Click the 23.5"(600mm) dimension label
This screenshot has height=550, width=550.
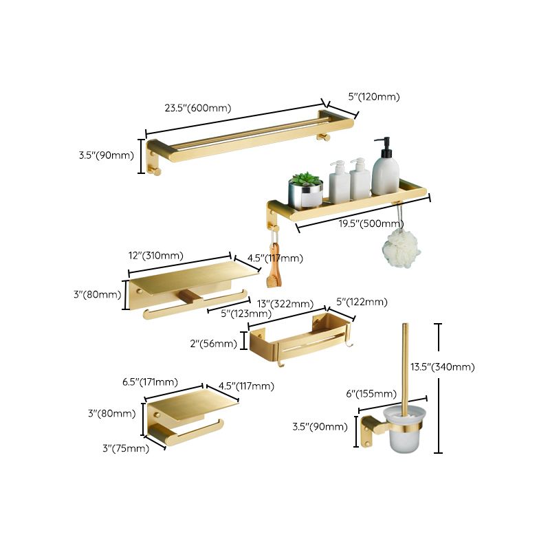(x=197, y=108)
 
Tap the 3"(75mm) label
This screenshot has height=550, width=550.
(x=126, y=449)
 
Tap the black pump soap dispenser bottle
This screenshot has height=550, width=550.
(x=386, y=168)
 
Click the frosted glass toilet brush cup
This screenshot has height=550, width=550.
(x=404, y=434)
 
